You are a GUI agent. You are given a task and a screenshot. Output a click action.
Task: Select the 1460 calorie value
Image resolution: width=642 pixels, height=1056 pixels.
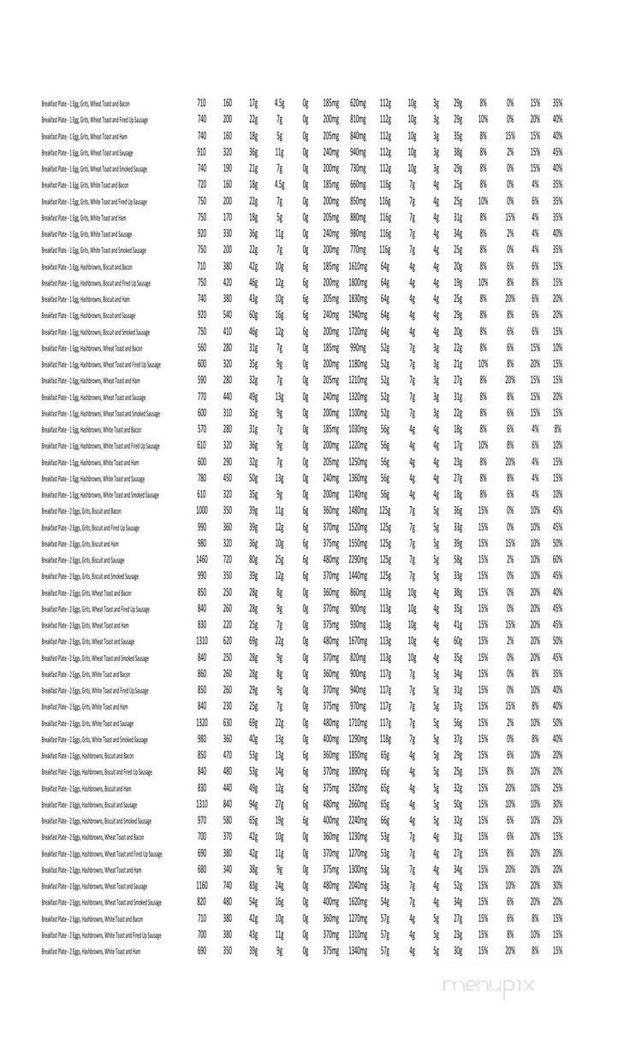(x=202, y=560)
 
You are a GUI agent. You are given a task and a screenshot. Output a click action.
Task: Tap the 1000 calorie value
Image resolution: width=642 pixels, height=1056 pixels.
(x=202, y=511)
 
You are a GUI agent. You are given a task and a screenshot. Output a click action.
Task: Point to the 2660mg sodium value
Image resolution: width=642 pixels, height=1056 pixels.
(x=358, y=805)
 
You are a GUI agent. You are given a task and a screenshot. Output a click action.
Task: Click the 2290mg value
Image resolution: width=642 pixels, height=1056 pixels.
(x=358, y=560)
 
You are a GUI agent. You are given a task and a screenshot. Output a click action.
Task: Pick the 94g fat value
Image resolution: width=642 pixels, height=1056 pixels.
(x=253, y=805)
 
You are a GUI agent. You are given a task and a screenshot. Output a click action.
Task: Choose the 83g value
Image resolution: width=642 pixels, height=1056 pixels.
(x=253, y=886)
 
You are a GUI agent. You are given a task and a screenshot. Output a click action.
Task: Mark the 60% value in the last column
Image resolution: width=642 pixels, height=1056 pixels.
(x=557, y=560)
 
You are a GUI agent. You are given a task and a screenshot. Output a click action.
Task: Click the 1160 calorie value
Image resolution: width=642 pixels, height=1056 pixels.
(x=202, y=886)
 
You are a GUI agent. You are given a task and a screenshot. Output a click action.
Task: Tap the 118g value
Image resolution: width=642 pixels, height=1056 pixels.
(x=385, y=740)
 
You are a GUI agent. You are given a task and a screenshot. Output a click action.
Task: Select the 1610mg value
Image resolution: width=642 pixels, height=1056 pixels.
(x=358, y=267)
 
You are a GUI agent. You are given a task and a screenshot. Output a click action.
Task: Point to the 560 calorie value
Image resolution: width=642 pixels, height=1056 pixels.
(x=202, y=348)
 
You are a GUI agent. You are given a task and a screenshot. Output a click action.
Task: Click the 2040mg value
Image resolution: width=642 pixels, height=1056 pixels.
(x=358, y=886)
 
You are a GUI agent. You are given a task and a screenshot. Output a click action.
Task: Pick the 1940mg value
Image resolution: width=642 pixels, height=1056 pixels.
(x=358, y=316)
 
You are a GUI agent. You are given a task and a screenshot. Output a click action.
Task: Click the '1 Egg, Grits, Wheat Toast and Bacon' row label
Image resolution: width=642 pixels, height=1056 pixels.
(x=86, y=103)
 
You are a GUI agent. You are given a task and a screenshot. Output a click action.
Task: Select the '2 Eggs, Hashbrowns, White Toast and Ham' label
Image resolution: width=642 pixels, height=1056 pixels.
(x=91, y=952)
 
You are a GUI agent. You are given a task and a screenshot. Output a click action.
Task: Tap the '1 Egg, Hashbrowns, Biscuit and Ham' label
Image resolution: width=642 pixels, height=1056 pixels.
(x=86, y=299)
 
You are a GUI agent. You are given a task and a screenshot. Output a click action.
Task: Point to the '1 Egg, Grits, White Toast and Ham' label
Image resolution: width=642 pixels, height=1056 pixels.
(x=85, y=218)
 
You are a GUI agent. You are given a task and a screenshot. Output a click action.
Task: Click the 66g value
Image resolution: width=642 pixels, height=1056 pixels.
(x=385, y=821)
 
